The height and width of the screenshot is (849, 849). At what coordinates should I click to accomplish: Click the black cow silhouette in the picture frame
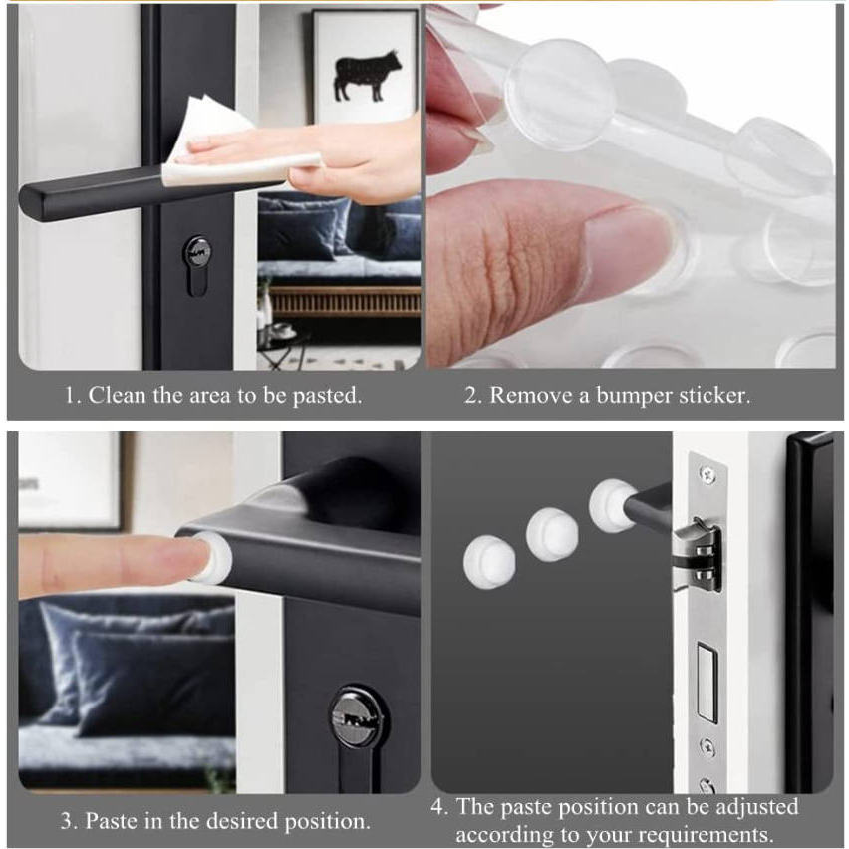coord(367,75)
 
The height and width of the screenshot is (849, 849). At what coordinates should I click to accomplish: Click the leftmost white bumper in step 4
coord(489,562)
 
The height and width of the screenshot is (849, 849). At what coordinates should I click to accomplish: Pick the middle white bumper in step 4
coord(552,535)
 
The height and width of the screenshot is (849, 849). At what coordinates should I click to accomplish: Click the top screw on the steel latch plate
coord(707,475)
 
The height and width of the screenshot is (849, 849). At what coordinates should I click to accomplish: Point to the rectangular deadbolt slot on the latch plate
coord(707,683)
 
